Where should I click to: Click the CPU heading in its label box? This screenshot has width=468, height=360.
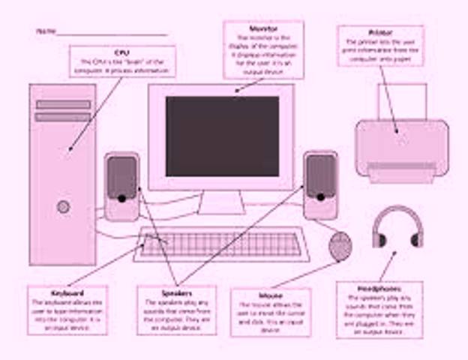(122, 52)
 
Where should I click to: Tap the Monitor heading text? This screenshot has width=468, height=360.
(263, 28)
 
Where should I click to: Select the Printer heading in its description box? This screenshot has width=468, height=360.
(380, 33)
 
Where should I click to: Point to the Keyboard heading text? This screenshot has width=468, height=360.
(67, 292)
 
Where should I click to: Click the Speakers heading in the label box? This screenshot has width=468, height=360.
(176, 293)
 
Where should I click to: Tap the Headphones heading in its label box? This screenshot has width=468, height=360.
(379, 289)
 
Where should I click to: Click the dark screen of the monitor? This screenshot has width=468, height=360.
(222, 136)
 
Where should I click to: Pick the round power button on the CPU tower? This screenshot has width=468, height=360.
(63, 205)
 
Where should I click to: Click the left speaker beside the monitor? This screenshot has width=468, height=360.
(121, 186)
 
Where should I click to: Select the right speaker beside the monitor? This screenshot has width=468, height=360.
(320, 185)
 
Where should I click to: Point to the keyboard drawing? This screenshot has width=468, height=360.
(221, 244)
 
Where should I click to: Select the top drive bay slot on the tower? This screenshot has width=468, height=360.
(62, 104)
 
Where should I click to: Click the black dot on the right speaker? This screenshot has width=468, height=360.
(320, 197)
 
